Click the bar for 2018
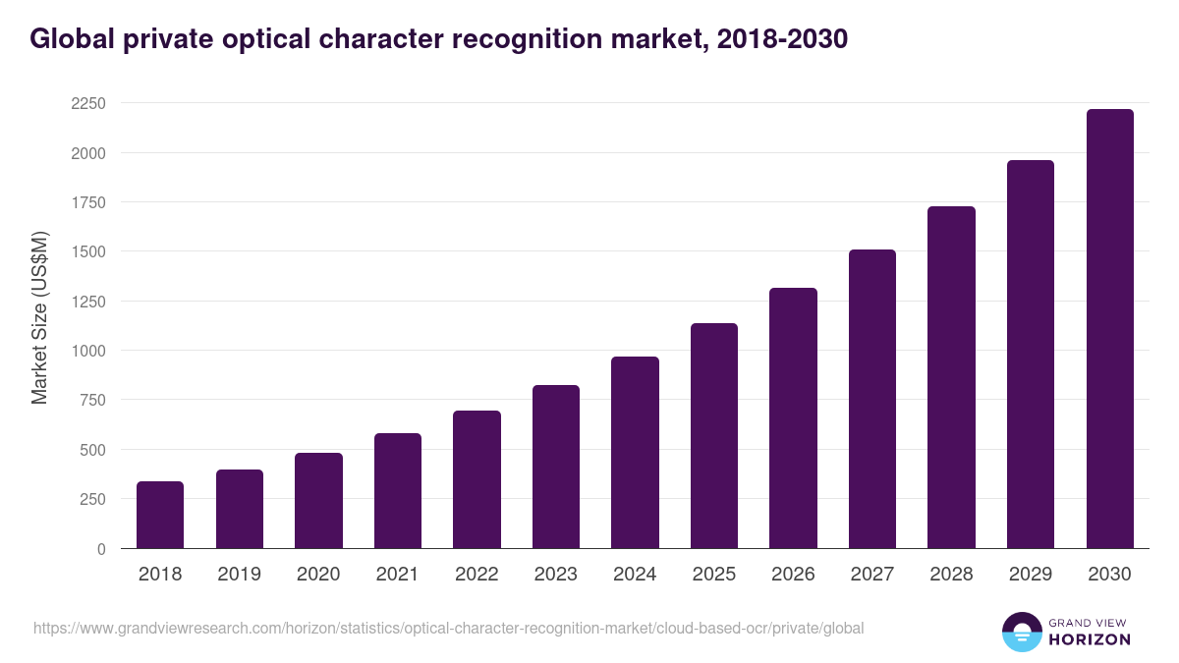pos(160,515)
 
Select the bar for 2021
pos(397,491)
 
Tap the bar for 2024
pos(635,453)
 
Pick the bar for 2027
pos(872,399)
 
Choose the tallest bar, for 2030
pos(1109,329)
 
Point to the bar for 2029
pos(1031,355)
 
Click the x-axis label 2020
pos(318,575)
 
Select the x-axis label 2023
pos(556,575)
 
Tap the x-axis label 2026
pos(793,575)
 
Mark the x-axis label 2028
pos(951,575)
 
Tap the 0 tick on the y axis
pos(101,549)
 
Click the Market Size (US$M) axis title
pos(39,318)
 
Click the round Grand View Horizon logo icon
pos(1021,633)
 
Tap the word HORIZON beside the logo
pos(1091,639)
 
